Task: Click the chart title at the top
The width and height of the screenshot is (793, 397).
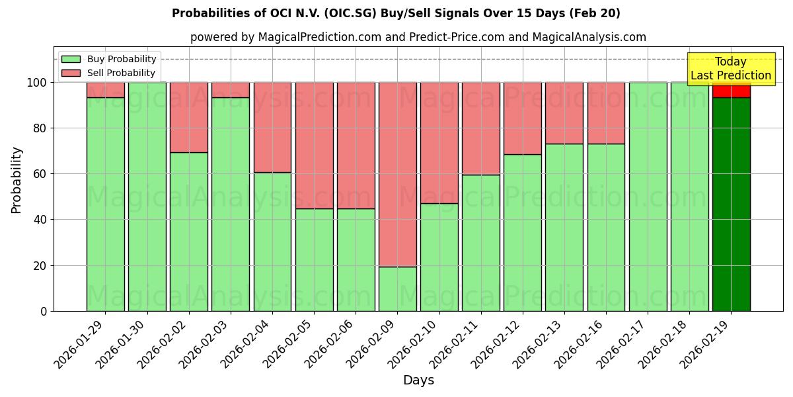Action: coord(396,13)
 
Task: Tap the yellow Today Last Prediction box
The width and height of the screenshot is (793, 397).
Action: coord(730,69)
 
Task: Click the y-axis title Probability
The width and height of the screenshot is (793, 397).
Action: coord(17,180)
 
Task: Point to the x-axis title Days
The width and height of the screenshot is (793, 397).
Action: coord(418,380)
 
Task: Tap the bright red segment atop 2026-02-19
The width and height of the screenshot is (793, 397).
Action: coord(731,91)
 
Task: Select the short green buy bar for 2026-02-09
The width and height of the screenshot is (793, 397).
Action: coord(398,288)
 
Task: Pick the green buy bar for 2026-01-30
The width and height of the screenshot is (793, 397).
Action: coord(147,197)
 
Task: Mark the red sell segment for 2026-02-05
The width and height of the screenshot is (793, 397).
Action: coord(314,146)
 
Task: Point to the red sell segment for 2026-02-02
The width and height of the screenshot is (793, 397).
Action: coord(189,118)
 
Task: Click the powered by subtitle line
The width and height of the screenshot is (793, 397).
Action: coord(418,37)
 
